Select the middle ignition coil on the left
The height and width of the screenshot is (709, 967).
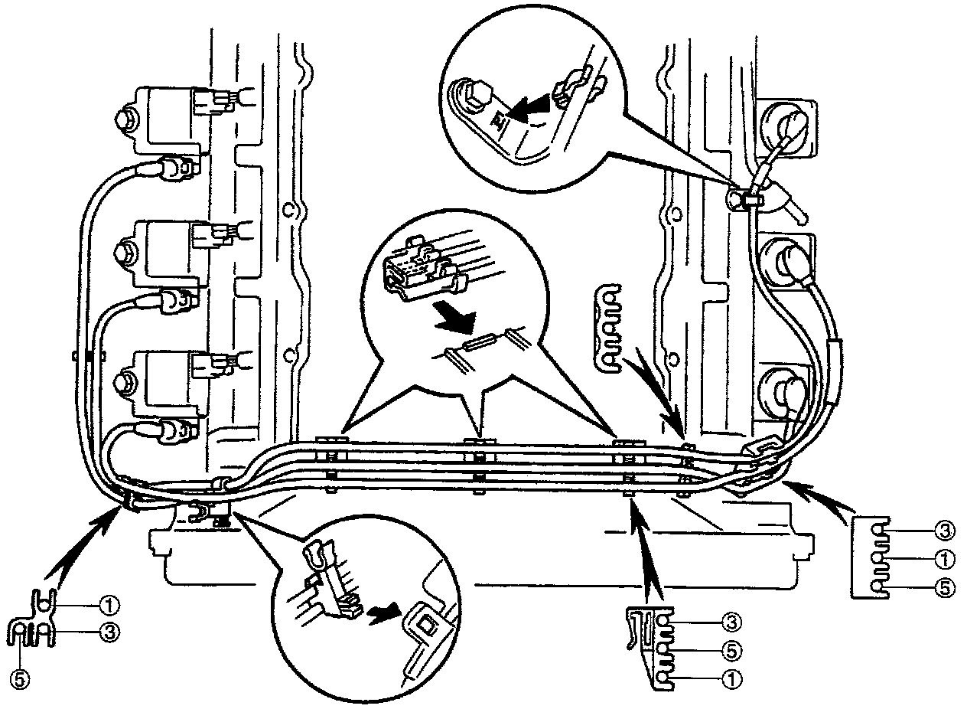[x=164, y=249]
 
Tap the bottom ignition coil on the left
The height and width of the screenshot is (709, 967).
[x=164, y=379]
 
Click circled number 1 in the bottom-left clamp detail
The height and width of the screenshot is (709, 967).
[x=109, y=605]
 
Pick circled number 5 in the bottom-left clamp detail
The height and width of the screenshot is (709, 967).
[x=21, y=678]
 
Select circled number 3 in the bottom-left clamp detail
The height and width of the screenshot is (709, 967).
[x=109, y=632]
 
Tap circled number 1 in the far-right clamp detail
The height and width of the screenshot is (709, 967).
[x=944, y=557]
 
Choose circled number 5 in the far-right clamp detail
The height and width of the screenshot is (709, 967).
[x=944, y=588]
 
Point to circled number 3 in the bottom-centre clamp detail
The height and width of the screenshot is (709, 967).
[x=731, y=620]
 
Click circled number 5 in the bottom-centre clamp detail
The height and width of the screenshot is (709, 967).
[x=731, y=649]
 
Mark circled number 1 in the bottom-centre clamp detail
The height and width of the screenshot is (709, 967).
[x=731, y=678]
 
